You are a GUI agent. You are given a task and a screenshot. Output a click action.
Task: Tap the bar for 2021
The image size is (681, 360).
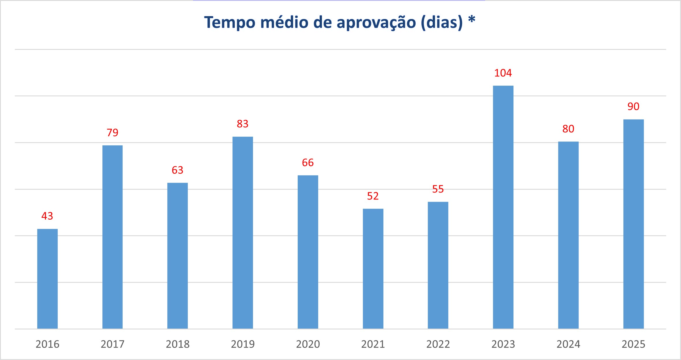(373, 268)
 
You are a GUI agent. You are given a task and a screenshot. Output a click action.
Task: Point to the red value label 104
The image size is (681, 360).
(503, 73)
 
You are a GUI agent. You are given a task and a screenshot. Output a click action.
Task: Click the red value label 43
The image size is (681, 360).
(47, 216)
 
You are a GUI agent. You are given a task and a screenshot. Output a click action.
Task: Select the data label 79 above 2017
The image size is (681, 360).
(112, 133)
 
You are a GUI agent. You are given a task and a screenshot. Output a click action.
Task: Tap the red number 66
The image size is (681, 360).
(308, 163)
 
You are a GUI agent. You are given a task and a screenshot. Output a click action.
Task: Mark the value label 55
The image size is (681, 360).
(438, 189)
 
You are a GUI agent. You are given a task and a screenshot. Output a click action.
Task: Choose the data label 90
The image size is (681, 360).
(633, 107)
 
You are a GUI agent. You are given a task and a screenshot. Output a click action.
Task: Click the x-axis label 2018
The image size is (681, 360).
(178, 344)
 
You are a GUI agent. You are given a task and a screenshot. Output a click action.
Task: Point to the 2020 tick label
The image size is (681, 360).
(308, 344)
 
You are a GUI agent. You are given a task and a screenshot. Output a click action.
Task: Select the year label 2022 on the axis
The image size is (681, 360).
(438, 344)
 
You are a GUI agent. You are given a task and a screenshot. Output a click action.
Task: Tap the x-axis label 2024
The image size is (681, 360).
(568, 344)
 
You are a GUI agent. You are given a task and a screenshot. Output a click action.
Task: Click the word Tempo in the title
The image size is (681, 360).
(230, 22)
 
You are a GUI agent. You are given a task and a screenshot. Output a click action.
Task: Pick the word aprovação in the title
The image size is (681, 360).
(376, 22)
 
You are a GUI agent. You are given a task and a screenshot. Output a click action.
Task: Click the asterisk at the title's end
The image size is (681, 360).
(472, 20)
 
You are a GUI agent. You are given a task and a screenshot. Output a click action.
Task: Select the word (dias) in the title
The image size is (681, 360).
(442, 22)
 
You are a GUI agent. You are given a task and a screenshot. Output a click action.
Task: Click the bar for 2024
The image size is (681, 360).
(568, 235)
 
